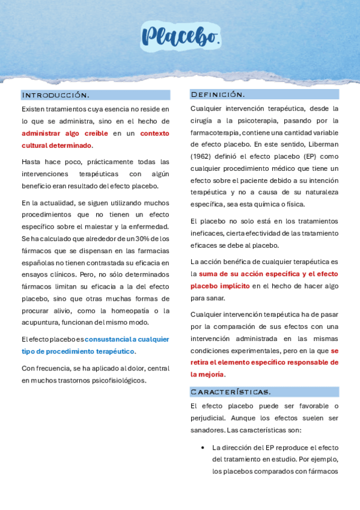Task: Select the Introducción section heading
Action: click(55, 95)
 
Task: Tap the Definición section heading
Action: click(218, 94)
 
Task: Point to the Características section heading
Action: click(230, 392)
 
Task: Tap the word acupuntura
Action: click(42, 323)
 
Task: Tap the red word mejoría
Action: click(207, 374)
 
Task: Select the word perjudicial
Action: click(210, 418)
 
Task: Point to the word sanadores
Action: click(208, 430)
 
